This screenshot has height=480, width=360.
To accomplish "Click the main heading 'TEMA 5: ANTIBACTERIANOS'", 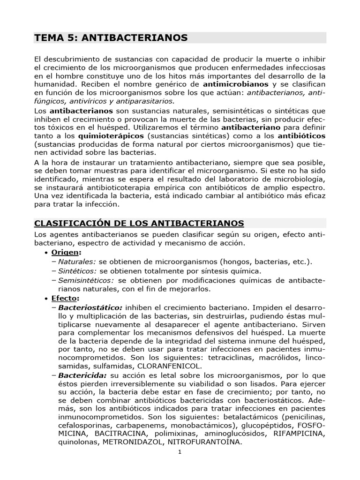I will [x=111, y=37].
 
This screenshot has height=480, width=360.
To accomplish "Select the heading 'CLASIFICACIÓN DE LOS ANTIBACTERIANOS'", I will [x=139, y=223].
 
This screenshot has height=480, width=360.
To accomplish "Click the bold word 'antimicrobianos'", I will [x=235, y=84].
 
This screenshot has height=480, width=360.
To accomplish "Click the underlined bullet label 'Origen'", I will [x=65, y=253].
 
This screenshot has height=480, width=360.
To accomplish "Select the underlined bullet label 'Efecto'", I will [x=65, y=298].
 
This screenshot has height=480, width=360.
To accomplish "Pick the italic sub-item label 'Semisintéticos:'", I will [x=86, y=280].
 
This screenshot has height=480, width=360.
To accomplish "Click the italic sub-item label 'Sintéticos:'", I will [x=77, y=271].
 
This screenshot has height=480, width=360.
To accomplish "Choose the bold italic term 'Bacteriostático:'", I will [x=90, y=307].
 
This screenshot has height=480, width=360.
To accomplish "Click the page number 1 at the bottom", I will [x=180, y=452].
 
